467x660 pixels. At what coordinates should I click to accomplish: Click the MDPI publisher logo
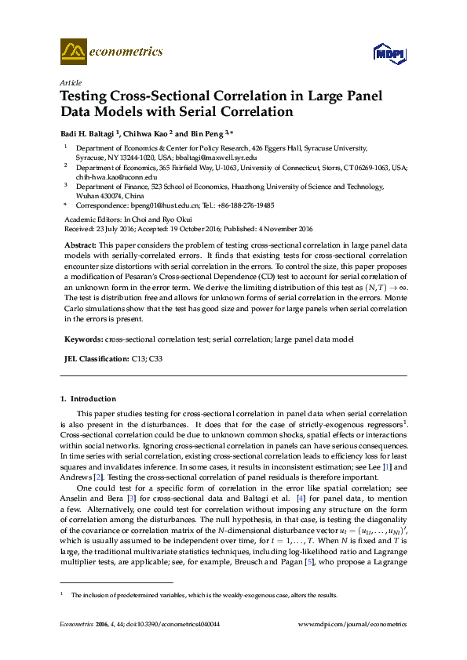(x=390, y=53)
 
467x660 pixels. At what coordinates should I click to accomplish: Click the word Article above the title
(x=70, y=82)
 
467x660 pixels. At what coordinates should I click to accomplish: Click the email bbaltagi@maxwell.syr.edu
(x=217, y=157)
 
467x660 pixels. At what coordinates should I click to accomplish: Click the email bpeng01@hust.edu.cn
(x=149, y=205)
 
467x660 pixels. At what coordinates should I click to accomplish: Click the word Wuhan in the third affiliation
(x=86, y=196)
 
